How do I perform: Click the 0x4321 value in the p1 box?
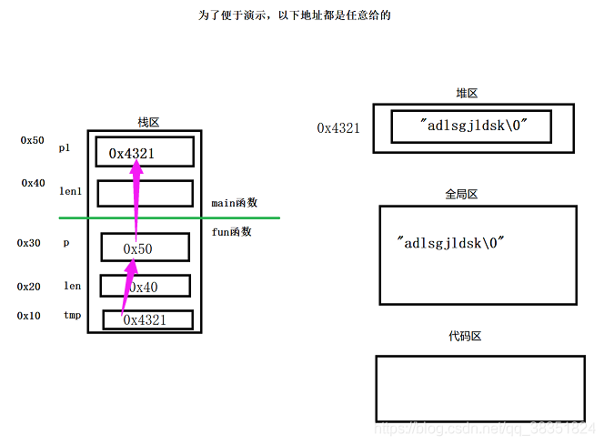coord(132,154)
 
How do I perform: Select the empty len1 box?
coord(145,193)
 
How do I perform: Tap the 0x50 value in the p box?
coord(137,248)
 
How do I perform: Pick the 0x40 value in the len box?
coord(143,287)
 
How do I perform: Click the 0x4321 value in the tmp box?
coord(146,319)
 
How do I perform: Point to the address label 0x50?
coord(33,141)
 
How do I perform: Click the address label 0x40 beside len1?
coord(34,183)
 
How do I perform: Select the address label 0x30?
coord(29,243)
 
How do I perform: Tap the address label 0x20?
coord(29,286)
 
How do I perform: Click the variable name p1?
coord(65,147)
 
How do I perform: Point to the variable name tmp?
coord(72,315)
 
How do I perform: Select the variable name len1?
coord(69,191)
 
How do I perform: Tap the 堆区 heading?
coord(467,93)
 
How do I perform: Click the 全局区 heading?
coord(461,194)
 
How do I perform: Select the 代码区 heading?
coord(464,337)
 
